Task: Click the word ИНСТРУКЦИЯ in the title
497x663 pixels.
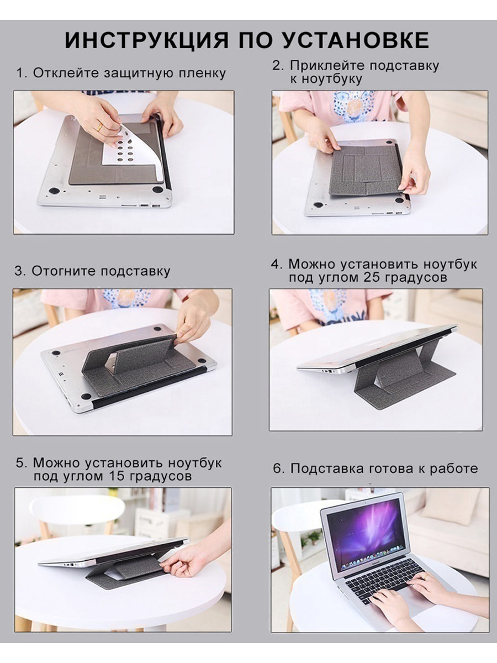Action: [x=147, y=40]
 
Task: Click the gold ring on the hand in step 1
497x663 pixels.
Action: [x=99, y=127]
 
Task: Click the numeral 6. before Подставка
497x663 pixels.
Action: [x=278, y=469]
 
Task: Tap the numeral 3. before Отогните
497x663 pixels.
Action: [x=20, y=271]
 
